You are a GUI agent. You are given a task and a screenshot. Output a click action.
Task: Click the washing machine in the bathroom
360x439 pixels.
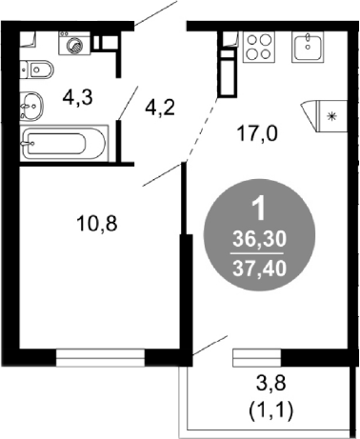[74, 43]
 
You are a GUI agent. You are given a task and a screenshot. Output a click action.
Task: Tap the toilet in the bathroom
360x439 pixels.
[36, 70]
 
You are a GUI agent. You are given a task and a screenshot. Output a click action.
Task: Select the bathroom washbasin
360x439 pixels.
[31, 106]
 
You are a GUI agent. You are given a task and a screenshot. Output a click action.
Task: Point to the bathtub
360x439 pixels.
[64, 143]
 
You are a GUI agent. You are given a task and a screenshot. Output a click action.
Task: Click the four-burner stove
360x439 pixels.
[259, 47]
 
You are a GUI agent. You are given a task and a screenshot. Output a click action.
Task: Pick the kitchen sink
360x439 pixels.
[308, 47]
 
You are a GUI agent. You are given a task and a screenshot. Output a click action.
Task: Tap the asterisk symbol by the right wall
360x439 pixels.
[331, 116]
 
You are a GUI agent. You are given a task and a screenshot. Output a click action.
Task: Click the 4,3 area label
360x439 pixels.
[77, 97]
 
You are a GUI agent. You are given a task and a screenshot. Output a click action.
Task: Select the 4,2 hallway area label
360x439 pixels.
[160, 109]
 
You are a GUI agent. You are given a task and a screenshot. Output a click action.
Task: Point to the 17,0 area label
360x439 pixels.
[257, 134]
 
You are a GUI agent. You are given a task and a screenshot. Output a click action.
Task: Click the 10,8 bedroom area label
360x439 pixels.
[97, 224]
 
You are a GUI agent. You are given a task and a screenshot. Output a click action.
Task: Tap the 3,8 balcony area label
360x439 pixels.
[270, 383]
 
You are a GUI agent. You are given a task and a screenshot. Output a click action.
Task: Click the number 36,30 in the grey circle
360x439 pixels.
[259, 239]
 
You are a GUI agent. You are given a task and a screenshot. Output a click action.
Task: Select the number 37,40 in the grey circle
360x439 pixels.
[259, 269]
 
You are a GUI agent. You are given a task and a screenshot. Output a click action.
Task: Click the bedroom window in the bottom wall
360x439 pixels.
[100, 358]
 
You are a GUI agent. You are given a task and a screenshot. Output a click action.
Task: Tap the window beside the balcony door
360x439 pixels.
[257, 358]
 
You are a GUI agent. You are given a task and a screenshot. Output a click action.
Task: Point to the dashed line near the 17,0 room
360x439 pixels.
[202, 130]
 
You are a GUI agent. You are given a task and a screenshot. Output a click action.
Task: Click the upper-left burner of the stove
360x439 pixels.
[252, 40]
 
